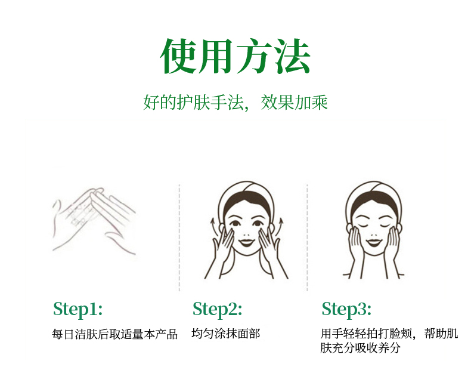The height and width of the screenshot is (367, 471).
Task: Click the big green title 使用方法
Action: coord(235,56)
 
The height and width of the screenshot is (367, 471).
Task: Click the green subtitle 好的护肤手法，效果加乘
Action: coord(235,103)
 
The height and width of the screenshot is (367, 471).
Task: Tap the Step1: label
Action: coord(78,309)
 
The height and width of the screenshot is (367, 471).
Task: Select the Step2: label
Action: coord(217,309)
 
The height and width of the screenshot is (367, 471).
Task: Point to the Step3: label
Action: coord(346,309)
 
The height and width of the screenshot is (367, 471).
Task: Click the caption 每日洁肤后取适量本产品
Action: coord(114,334)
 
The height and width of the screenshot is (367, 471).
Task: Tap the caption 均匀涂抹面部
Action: coord(225,334)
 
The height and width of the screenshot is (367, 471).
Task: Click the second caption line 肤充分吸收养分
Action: coord(360,348)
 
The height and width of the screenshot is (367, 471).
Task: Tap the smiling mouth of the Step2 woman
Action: coord(246,242)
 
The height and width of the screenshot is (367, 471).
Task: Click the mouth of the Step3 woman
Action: coord(373,242)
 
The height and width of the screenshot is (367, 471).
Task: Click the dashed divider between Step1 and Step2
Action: coord(179,238)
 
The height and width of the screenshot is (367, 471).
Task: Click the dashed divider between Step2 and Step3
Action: coord(307,238)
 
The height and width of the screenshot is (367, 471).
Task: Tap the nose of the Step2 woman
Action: coord(246,235)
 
